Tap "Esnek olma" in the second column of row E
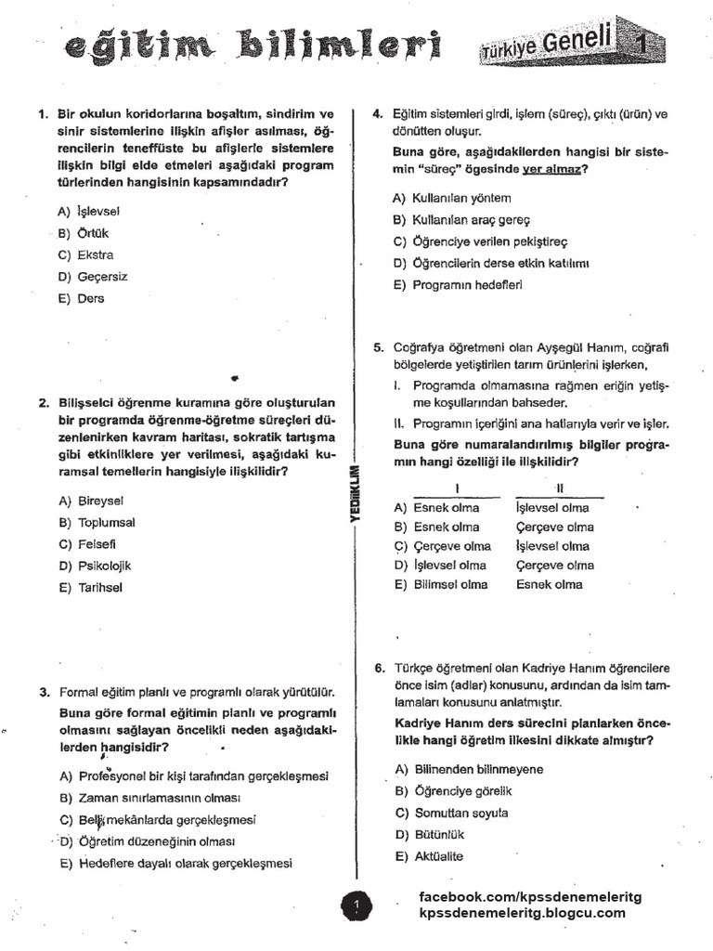coord(549,584)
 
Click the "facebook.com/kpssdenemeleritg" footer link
coord(530,896)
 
